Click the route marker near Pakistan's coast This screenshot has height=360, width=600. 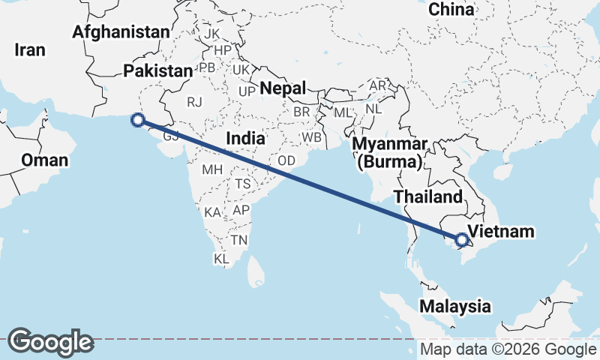[x=137, y=118]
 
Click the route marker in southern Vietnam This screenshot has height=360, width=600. [x=462, y=240]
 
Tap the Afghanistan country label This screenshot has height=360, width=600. [x=121, y=32]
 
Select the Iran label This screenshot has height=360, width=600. [x=30, y=50]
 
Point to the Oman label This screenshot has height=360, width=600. [x=44, y=160]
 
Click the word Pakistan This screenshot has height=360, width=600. [x=158, y=70]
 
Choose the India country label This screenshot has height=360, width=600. [x=245, y=139]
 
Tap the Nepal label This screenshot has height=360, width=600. [x=283, y=88]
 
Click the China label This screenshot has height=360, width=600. [x=451, y=10]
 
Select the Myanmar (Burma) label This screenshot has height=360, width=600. [x=390, y=152]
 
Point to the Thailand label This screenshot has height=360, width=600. [x=428, y=197]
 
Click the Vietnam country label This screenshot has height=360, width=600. [x=500, y=231]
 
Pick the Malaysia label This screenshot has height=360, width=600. [x=455, y=306]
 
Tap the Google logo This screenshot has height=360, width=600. [x=50, y=342]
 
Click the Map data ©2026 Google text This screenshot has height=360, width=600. [x=508, y=349]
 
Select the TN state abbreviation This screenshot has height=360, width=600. [x=239, y=240]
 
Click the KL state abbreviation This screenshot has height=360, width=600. [x=221, y=259]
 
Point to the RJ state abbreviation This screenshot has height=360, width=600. [x=195, y=102]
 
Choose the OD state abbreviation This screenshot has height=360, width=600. [x=286, y=160]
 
